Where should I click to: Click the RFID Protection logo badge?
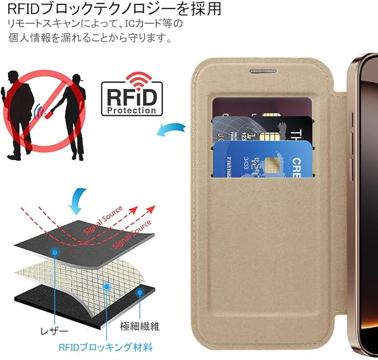132,98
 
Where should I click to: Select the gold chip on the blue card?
272,164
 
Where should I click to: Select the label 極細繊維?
139,325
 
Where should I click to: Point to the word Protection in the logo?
132,110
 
